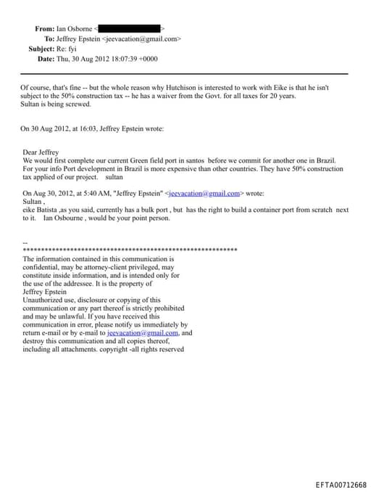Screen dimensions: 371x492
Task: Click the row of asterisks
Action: point(130,250)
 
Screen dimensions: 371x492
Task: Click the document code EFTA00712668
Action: point(341,484)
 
